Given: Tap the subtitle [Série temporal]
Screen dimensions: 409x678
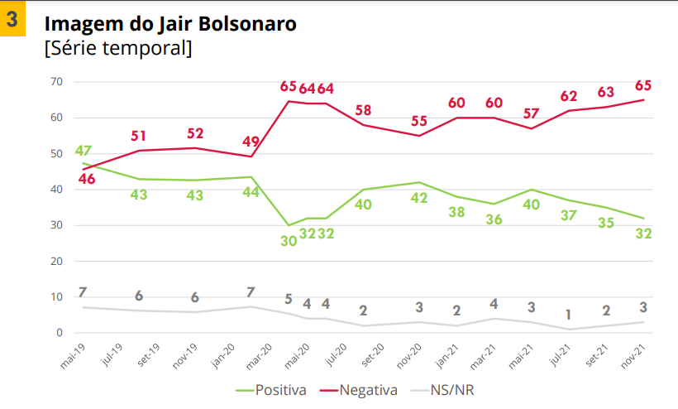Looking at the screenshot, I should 117,49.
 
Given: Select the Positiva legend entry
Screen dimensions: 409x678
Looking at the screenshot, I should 270,389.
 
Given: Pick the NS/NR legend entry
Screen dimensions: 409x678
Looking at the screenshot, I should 451,389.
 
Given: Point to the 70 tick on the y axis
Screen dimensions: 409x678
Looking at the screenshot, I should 57,82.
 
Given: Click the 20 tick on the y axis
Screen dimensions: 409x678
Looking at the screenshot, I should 57,262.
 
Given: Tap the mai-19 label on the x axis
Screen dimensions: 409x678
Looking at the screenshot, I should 73,354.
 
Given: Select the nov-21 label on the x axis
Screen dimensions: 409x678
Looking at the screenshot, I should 633,354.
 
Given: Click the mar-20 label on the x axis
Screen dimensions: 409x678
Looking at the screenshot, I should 260,354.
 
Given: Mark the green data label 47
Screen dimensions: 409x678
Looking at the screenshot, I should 83,151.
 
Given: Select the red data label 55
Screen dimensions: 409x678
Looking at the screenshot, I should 419,122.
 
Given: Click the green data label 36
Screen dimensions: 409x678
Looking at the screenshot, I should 493,219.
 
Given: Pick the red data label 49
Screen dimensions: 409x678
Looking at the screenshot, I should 250,141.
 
